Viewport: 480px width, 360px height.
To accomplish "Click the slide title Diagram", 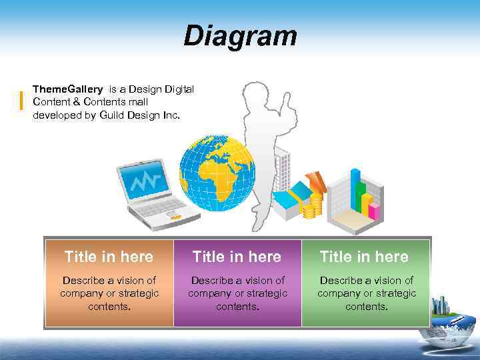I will (x=240, y=36).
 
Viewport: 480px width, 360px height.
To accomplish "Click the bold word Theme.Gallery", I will (x=67, y=89).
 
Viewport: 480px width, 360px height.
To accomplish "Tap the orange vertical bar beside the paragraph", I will (x=22, y=100).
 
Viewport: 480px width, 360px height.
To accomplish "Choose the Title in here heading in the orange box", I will (x=109, y=257).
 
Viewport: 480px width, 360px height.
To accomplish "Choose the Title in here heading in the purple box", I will (x=237, y=257).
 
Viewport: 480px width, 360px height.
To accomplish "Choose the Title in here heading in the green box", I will (x=365, y=257).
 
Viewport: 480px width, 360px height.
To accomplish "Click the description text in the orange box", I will (x=109, y=293).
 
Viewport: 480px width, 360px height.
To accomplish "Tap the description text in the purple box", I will (x=237, y=293).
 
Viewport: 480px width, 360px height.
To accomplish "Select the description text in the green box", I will (x=366, y=293).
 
